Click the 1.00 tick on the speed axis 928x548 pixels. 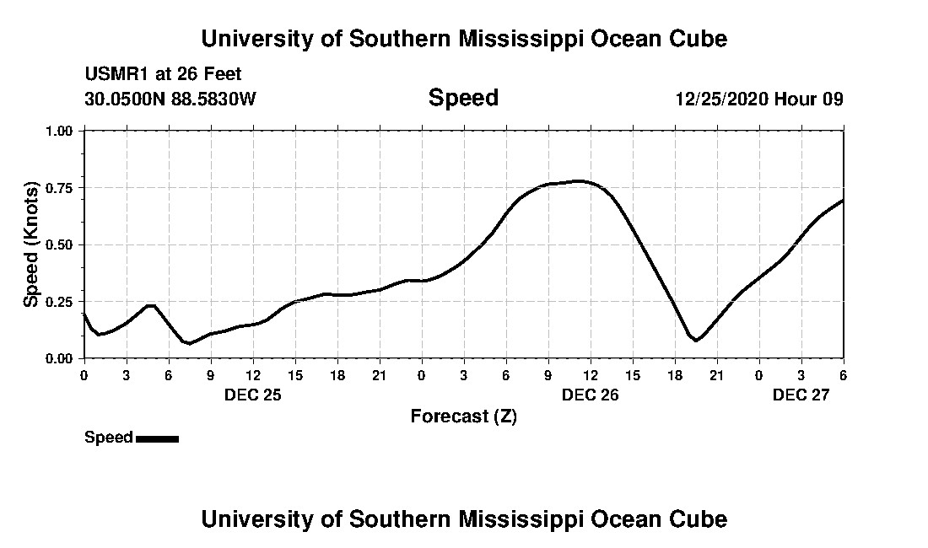(59, 131)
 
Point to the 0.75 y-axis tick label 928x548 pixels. (59, 187)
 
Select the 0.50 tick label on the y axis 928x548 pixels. (59, 244)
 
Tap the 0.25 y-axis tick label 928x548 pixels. (59, 301)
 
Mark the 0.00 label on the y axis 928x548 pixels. (59, 358)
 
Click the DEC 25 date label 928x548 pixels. (253, 395)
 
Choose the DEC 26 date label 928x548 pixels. (591, 395)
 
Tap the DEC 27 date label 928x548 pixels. (801, 395)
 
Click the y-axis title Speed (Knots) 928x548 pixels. (31, 244)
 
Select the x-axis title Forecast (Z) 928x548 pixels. (463, 416)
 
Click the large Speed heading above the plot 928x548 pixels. (463, 98)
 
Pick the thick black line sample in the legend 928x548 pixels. (157, 438)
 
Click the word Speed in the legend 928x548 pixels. (109, 438)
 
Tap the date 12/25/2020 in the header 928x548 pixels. (720, 99)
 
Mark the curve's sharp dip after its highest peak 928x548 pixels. (696, 340)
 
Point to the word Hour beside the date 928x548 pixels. (796, 99)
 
